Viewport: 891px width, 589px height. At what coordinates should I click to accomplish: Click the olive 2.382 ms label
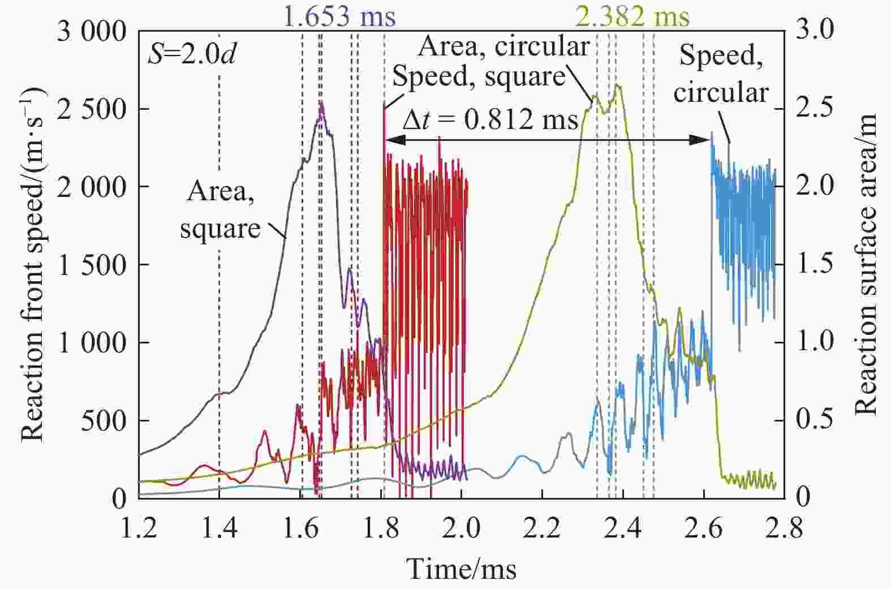(x=632, y=16)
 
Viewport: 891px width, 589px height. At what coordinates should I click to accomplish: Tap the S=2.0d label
(x=192, y=54)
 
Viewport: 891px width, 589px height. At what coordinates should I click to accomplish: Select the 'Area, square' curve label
(x=220, y=210)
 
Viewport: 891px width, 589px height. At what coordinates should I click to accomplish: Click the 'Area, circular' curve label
(x=503, y=46)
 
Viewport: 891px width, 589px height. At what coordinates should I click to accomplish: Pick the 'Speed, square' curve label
(x=479, y=76)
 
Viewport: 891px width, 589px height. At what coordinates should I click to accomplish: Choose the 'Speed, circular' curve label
(x=721, y=74)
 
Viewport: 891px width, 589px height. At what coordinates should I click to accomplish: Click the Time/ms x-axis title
(x=462, y=569)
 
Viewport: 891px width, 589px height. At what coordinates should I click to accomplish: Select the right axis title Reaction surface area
(x=865, y=264)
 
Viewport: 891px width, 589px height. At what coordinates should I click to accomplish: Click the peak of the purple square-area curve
(x=321, y=104)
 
